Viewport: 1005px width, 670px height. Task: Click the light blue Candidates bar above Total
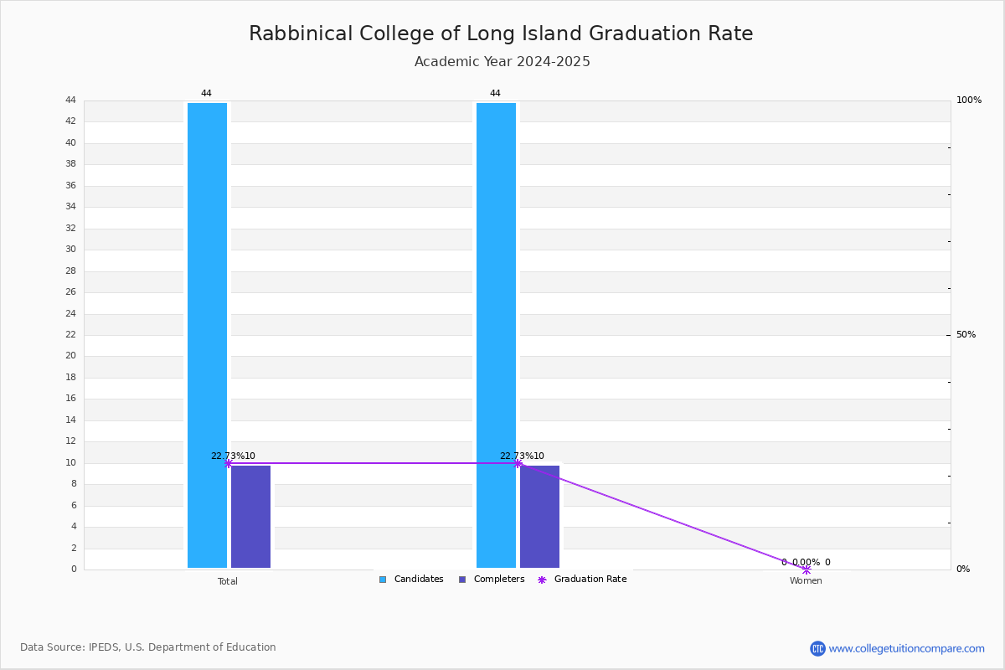208,335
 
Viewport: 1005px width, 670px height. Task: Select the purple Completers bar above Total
250,517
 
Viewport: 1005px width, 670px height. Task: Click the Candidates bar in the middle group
496,335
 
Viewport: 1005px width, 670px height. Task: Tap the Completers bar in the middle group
539,517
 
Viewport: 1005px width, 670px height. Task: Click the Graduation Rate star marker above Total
228,464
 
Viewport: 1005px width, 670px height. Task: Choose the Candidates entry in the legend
411,580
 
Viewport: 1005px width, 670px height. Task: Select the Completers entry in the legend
492,580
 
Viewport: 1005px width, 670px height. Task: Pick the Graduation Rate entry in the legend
582,580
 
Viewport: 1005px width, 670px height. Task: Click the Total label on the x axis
228,581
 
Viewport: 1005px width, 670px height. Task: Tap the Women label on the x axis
806,580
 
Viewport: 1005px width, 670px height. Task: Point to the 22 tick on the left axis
71,334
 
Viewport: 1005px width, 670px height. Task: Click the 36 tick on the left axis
71,185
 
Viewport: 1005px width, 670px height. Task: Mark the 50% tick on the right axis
966,334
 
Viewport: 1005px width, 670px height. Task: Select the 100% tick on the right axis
969,100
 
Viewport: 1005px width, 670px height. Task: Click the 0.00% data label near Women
807,562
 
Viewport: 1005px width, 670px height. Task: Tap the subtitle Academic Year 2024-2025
502,61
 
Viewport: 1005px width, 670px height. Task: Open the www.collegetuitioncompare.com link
907,648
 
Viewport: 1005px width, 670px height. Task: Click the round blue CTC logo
818,648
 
